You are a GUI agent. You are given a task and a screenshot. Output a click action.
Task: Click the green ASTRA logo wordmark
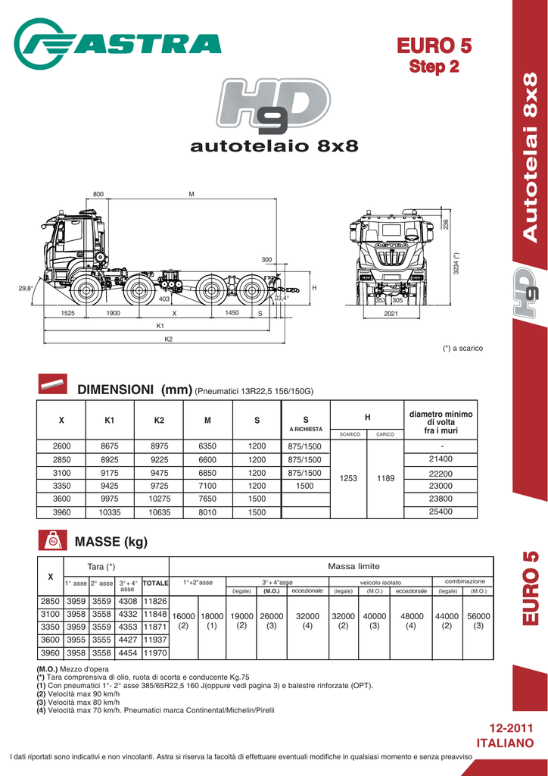pyautogui.click(x=117, y=43)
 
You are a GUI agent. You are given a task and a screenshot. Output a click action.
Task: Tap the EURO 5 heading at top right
pyautogui.click(x=434, y=46)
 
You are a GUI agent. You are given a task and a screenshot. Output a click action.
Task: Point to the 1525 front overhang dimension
pyautogui.click(x=67, y=313)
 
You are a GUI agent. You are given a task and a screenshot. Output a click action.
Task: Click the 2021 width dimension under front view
pyautogui.click(x=391, y=313)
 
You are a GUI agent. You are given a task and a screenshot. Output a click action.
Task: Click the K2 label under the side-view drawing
pyautogui.click(x=169, y=339)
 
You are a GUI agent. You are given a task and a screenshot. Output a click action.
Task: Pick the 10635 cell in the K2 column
pyautogui.click(x=159, y=513)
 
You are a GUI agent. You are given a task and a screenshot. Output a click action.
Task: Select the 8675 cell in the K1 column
pyautogui.click(x=110, y=446)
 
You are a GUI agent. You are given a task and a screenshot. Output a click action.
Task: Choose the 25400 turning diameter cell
pyautogui.click(x=441, y=512)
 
